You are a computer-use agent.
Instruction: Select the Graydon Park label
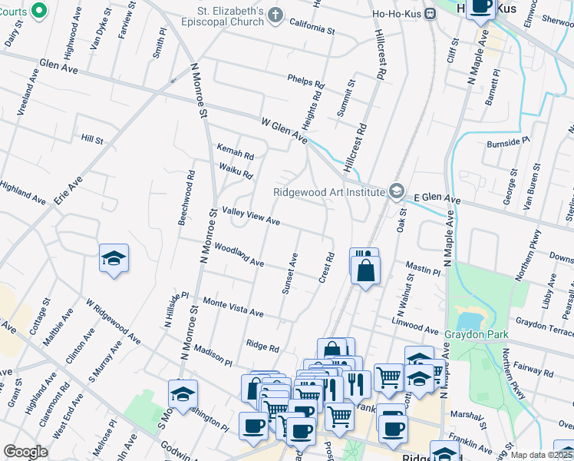475,334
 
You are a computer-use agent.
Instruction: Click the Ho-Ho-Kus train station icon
430,13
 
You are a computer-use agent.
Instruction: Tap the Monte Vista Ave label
233,308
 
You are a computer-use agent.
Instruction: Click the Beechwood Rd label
186,197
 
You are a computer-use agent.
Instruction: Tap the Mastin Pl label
423,268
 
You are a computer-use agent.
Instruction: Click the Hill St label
91,138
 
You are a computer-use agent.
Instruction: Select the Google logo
25,452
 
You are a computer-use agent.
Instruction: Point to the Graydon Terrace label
545,328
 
